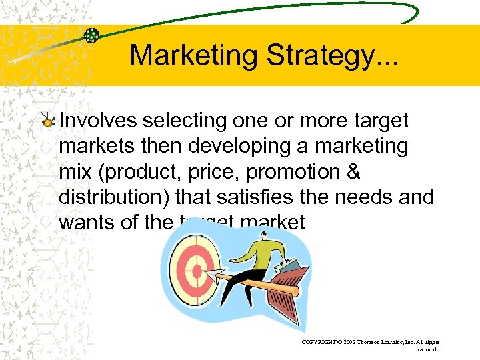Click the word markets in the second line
coord(89,146)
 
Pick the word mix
coord(75,171)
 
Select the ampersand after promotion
coord(353,171)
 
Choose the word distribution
coord(107,197)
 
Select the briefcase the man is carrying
coord(291,267)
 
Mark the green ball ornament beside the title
coord(92,35)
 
